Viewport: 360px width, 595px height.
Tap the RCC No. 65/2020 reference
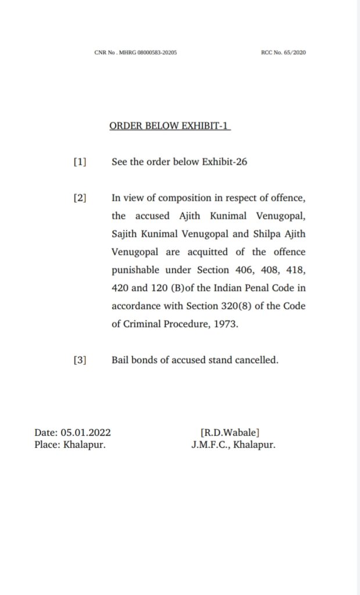[284, 52]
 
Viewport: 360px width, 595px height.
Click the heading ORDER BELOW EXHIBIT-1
[170, 126]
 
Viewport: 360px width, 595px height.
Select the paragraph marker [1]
[80, 162]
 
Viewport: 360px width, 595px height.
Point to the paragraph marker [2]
[80, 198]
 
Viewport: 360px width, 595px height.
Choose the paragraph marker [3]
[80, 360]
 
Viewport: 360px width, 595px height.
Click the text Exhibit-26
[224, 162]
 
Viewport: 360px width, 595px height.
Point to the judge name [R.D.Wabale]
[230, 432]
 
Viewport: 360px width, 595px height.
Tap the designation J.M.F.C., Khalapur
[233, 445]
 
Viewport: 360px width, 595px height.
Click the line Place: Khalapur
[70, 445]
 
